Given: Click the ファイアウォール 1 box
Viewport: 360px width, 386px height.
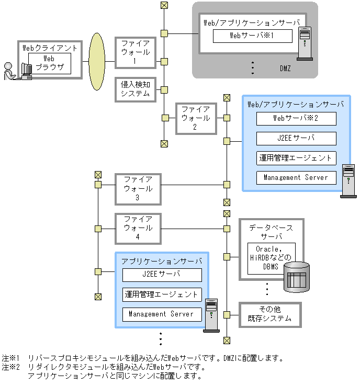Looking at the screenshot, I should click(136, 52).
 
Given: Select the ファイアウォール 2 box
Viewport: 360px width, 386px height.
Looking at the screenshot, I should click(196, 118).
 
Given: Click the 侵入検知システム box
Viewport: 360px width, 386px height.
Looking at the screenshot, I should click(136, 89).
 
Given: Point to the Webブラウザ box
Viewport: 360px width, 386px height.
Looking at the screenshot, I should click(49, 63).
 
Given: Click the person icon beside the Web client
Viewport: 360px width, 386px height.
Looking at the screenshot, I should click(8, 71).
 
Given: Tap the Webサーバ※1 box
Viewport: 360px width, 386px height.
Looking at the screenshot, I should click(252, 36).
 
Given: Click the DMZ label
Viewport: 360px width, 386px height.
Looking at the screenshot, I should click(285, 69).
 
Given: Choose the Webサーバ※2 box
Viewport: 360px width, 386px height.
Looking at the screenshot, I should click(296, 118).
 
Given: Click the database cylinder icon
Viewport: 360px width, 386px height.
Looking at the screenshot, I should click(297, 277).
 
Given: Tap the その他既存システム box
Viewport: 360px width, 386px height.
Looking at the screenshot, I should click(271, 314).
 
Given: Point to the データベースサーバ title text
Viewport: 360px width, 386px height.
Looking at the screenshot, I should click(271, 232).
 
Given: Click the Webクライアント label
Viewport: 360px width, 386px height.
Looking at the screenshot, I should click(50, 48).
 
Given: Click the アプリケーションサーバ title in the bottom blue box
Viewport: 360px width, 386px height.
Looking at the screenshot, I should click(162, 260).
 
